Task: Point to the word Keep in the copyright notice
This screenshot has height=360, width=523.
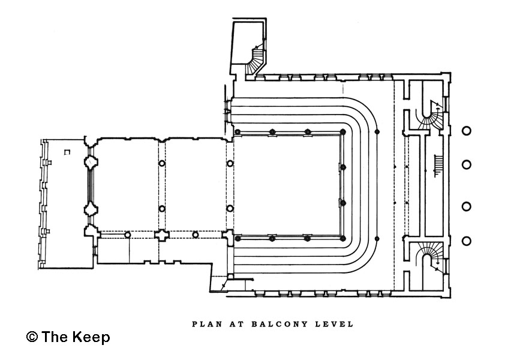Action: [x=92, y=337]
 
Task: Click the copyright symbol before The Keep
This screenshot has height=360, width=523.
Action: [x=32, y=337]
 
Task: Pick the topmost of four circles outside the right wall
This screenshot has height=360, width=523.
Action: [x=466, y=131]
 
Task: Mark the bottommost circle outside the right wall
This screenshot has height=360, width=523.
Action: [x=466, y=241]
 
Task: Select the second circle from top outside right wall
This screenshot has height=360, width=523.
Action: [x=466, y=164]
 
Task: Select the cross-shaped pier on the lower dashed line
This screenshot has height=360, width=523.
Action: [x=161, y=235]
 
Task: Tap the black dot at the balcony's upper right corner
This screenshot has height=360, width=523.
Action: [x=377, y=131]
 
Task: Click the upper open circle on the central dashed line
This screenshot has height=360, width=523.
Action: [x=161, y=163]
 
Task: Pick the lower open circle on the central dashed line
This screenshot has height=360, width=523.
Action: [x=161, y=209]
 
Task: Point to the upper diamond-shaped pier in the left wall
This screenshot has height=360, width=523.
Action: [x=91, y=162]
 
